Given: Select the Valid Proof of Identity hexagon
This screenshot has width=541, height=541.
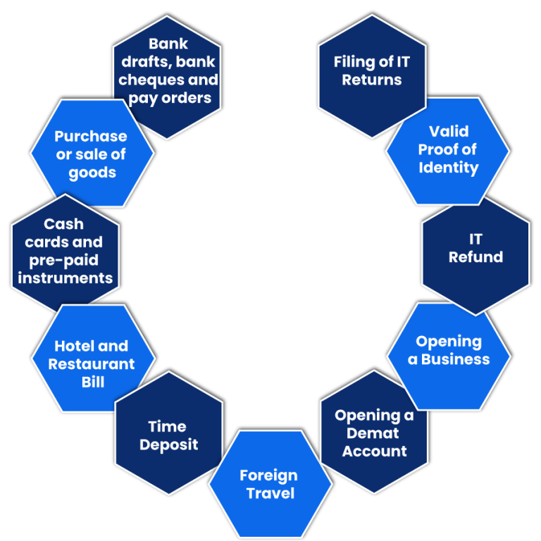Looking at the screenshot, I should pos(447,151).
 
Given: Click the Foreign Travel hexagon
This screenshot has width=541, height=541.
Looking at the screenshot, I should pos(270,485).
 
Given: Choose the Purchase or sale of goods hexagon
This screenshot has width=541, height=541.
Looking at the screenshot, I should pos(92,154).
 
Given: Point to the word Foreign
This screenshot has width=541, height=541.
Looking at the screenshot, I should pos(268,475).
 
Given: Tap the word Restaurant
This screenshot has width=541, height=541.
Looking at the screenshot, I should pos(92,365).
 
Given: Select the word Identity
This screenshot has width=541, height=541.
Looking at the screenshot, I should pos(448,168).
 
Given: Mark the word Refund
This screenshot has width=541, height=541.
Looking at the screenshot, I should pos(475,258).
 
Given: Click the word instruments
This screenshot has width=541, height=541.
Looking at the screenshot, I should pos(66,278).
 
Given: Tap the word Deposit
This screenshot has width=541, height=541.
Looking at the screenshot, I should pos(168,445).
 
